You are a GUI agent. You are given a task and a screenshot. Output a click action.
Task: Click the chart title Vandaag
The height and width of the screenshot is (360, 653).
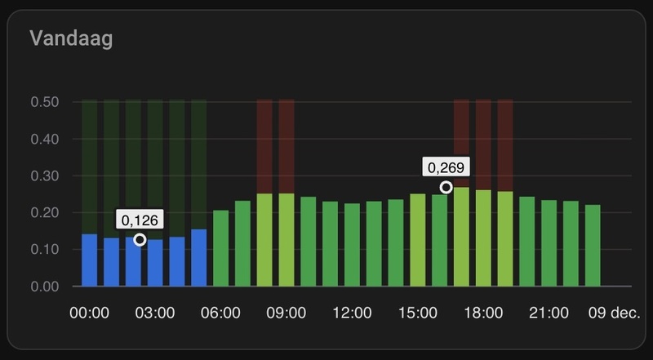[x=71, y=38]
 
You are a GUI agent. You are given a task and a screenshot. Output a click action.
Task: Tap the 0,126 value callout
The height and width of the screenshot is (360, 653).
[x=140, y=219]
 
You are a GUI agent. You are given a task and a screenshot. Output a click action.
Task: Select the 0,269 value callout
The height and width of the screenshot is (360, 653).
[x=446, y=167]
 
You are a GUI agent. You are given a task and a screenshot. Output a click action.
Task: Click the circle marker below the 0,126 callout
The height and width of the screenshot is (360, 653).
[x=140, y=239]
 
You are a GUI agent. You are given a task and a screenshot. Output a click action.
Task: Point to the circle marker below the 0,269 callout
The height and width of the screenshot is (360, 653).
[x=446, y=188]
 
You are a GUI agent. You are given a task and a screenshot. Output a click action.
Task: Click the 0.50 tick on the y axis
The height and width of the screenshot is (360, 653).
[x=44, y=103]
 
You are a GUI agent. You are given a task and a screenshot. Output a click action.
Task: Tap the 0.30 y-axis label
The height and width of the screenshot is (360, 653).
[x=44, y=176]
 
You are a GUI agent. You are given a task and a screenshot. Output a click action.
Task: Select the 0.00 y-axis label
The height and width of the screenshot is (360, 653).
[x=44, y=287]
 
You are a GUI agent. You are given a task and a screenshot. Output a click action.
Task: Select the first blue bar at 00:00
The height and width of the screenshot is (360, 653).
[x=90, y=260]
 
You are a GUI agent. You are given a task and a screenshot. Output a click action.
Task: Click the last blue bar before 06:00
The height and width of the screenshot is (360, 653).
[x=199, y=258]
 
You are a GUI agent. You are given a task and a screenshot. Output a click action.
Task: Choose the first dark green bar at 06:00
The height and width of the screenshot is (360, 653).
[x=221, y=248]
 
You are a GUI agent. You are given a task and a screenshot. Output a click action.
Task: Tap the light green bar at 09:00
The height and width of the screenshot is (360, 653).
[x=287, y=240]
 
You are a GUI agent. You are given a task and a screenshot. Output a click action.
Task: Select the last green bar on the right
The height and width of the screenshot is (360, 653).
[x=593, y=246]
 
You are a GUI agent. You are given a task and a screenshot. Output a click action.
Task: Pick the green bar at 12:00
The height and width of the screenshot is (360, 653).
[x=353, y=245]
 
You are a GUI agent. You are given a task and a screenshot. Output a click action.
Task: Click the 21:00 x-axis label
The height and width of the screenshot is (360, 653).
[x=549, y=313]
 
